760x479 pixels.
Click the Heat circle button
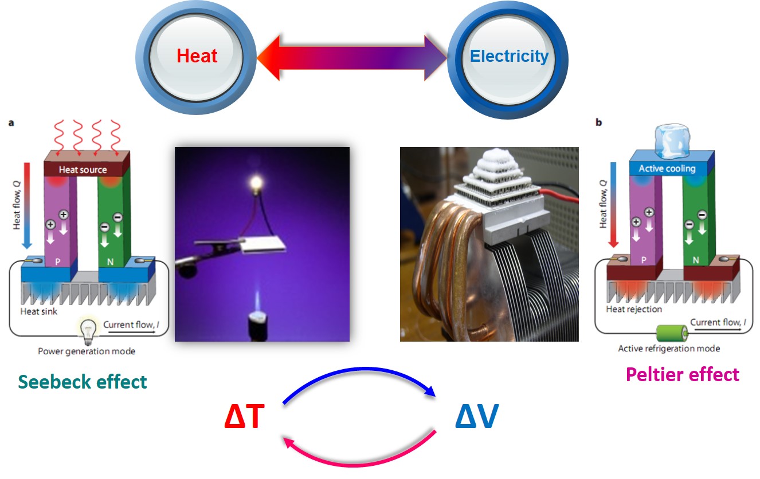[196, 56]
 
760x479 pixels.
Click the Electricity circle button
[508, 56]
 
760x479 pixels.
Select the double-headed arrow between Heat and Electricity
[351, 57]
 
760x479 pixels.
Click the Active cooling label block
[667, 169]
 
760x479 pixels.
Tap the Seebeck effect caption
[83, 382]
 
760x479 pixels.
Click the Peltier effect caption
[683, 374]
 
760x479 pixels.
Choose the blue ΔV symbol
[476, 419]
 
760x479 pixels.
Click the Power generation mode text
[87, 351]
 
